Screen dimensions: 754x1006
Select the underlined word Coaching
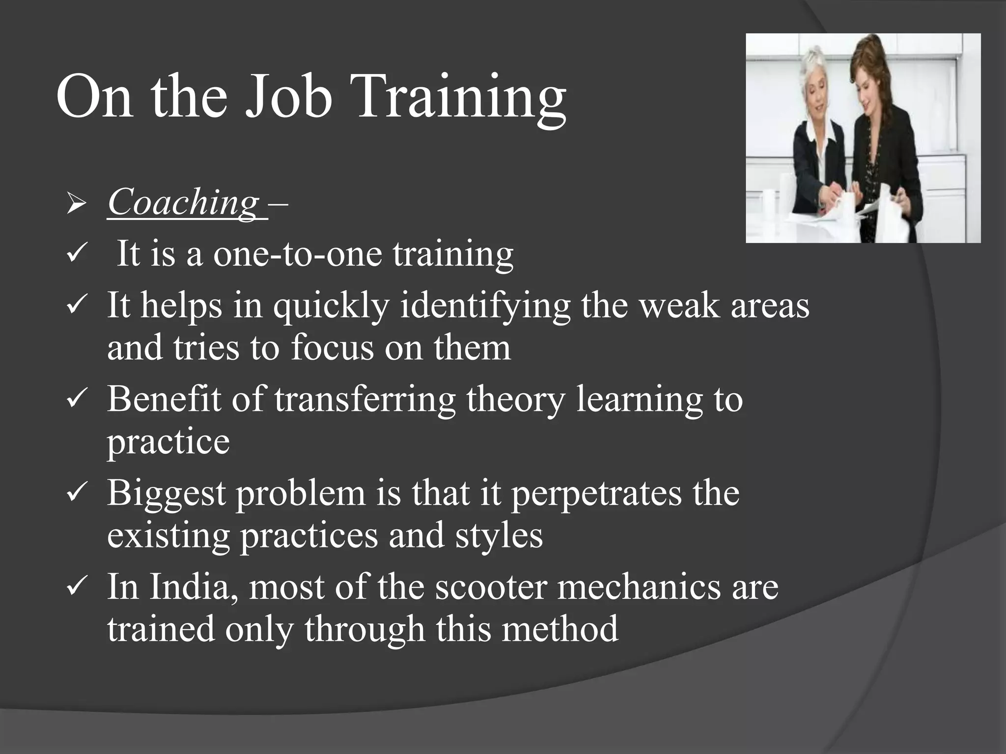tap(183, 202)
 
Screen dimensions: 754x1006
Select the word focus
tap(332, 348)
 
